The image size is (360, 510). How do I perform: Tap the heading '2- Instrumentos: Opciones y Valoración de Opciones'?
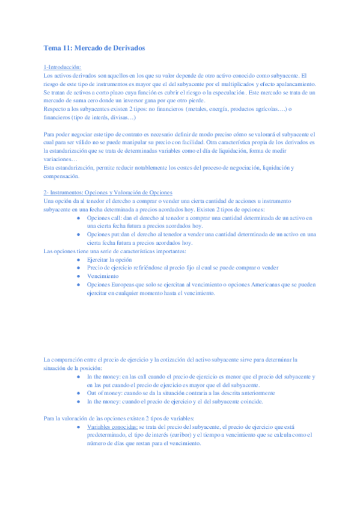108,191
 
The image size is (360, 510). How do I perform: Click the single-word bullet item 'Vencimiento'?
103,276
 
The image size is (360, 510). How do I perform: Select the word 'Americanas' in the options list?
265,284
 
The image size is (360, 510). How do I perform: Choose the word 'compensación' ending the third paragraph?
63,176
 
